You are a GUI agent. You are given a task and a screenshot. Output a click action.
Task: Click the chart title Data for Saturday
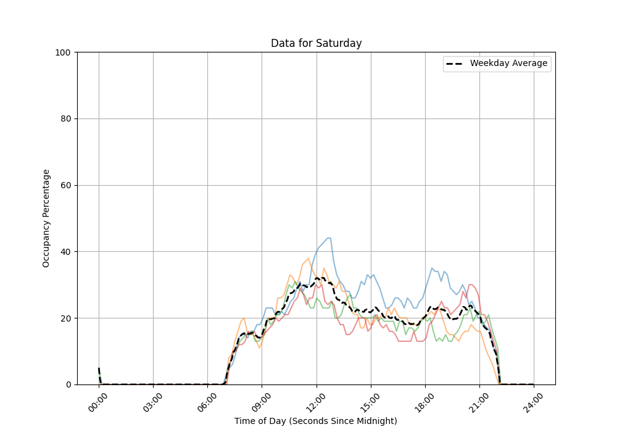pos(316,44)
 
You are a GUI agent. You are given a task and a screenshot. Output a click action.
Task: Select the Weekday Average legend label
pos(508,64)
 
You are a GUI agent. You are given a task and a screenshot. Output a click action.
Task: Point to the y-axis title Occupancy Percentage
pos(46,218)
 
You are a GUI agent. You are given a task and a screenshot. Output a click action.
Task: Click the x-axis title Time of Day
pos(316,421)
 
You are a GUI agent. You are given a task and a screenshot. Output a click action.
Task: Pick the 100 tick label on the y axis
pos(64,52)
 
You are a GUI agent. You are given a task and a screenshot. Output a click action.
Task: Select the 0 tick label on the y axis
pos(69,384)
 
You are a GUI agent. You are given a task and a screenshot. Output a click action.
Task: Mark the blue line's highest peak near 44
pos(329,238)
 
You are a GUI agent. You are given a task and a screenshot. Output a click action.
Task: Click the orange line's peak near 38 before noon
pos(308,258)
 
